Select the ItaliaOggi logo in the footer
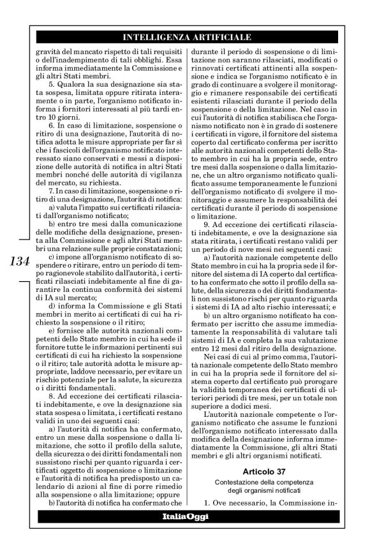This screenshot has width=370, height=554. coord(184,514)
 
